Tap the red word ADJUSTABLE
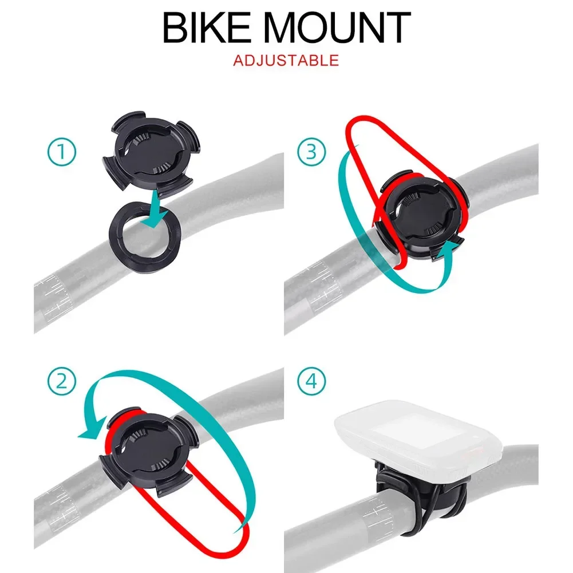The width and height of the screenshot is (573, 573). tap(286, 60)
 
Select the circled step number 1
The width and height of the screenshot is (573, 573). tap(61, 153)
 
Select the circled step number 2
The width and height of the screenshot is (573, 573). tap(61, 380)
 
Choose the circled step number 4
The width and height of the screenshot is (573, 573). tap(311, 380)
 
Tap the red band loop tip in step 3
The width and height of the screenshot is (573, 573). tap(361, 123)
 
